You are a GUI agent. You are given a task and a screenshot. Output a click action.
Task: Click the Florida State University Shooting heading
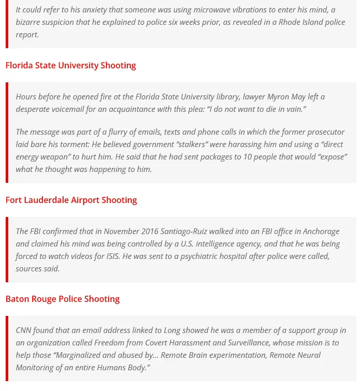[70, 65]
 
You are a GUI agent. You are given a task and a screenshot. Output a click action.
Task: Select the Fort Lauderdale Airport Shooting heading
[71, 200]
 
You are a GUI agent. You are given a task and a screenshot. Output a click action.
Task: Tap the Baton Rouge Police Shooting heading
[62, 299]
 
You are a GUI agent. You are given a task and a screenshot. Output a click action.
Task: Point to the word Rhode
[282, 22]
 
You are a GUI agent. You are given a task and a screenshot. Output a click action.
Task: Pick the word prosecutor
[323, 132]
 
